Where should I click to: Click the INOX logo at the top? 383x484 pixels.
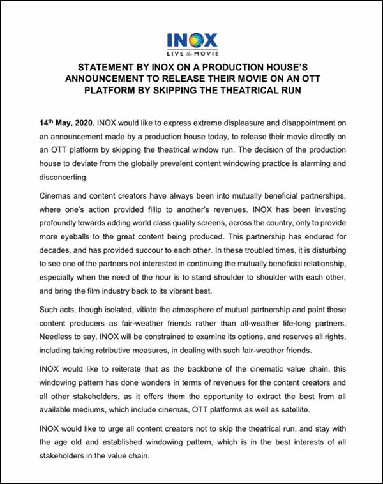point(191,39)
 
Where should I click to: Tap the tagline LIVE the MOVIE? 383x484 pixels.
point(191,54)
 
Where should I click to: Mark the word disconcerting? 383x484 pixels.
point(59,178)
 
